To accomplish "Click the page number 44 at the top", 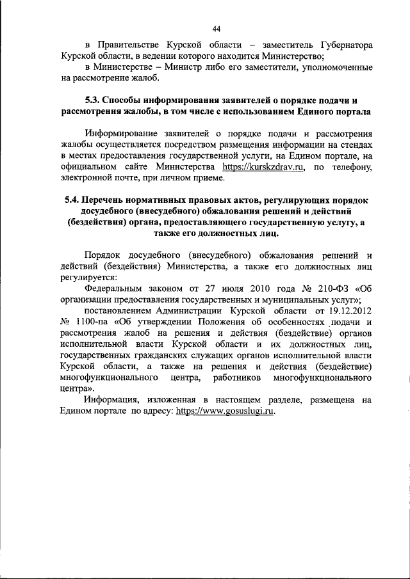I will (217, 28).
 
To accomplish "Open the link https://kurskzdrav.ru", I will (263, 167).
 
